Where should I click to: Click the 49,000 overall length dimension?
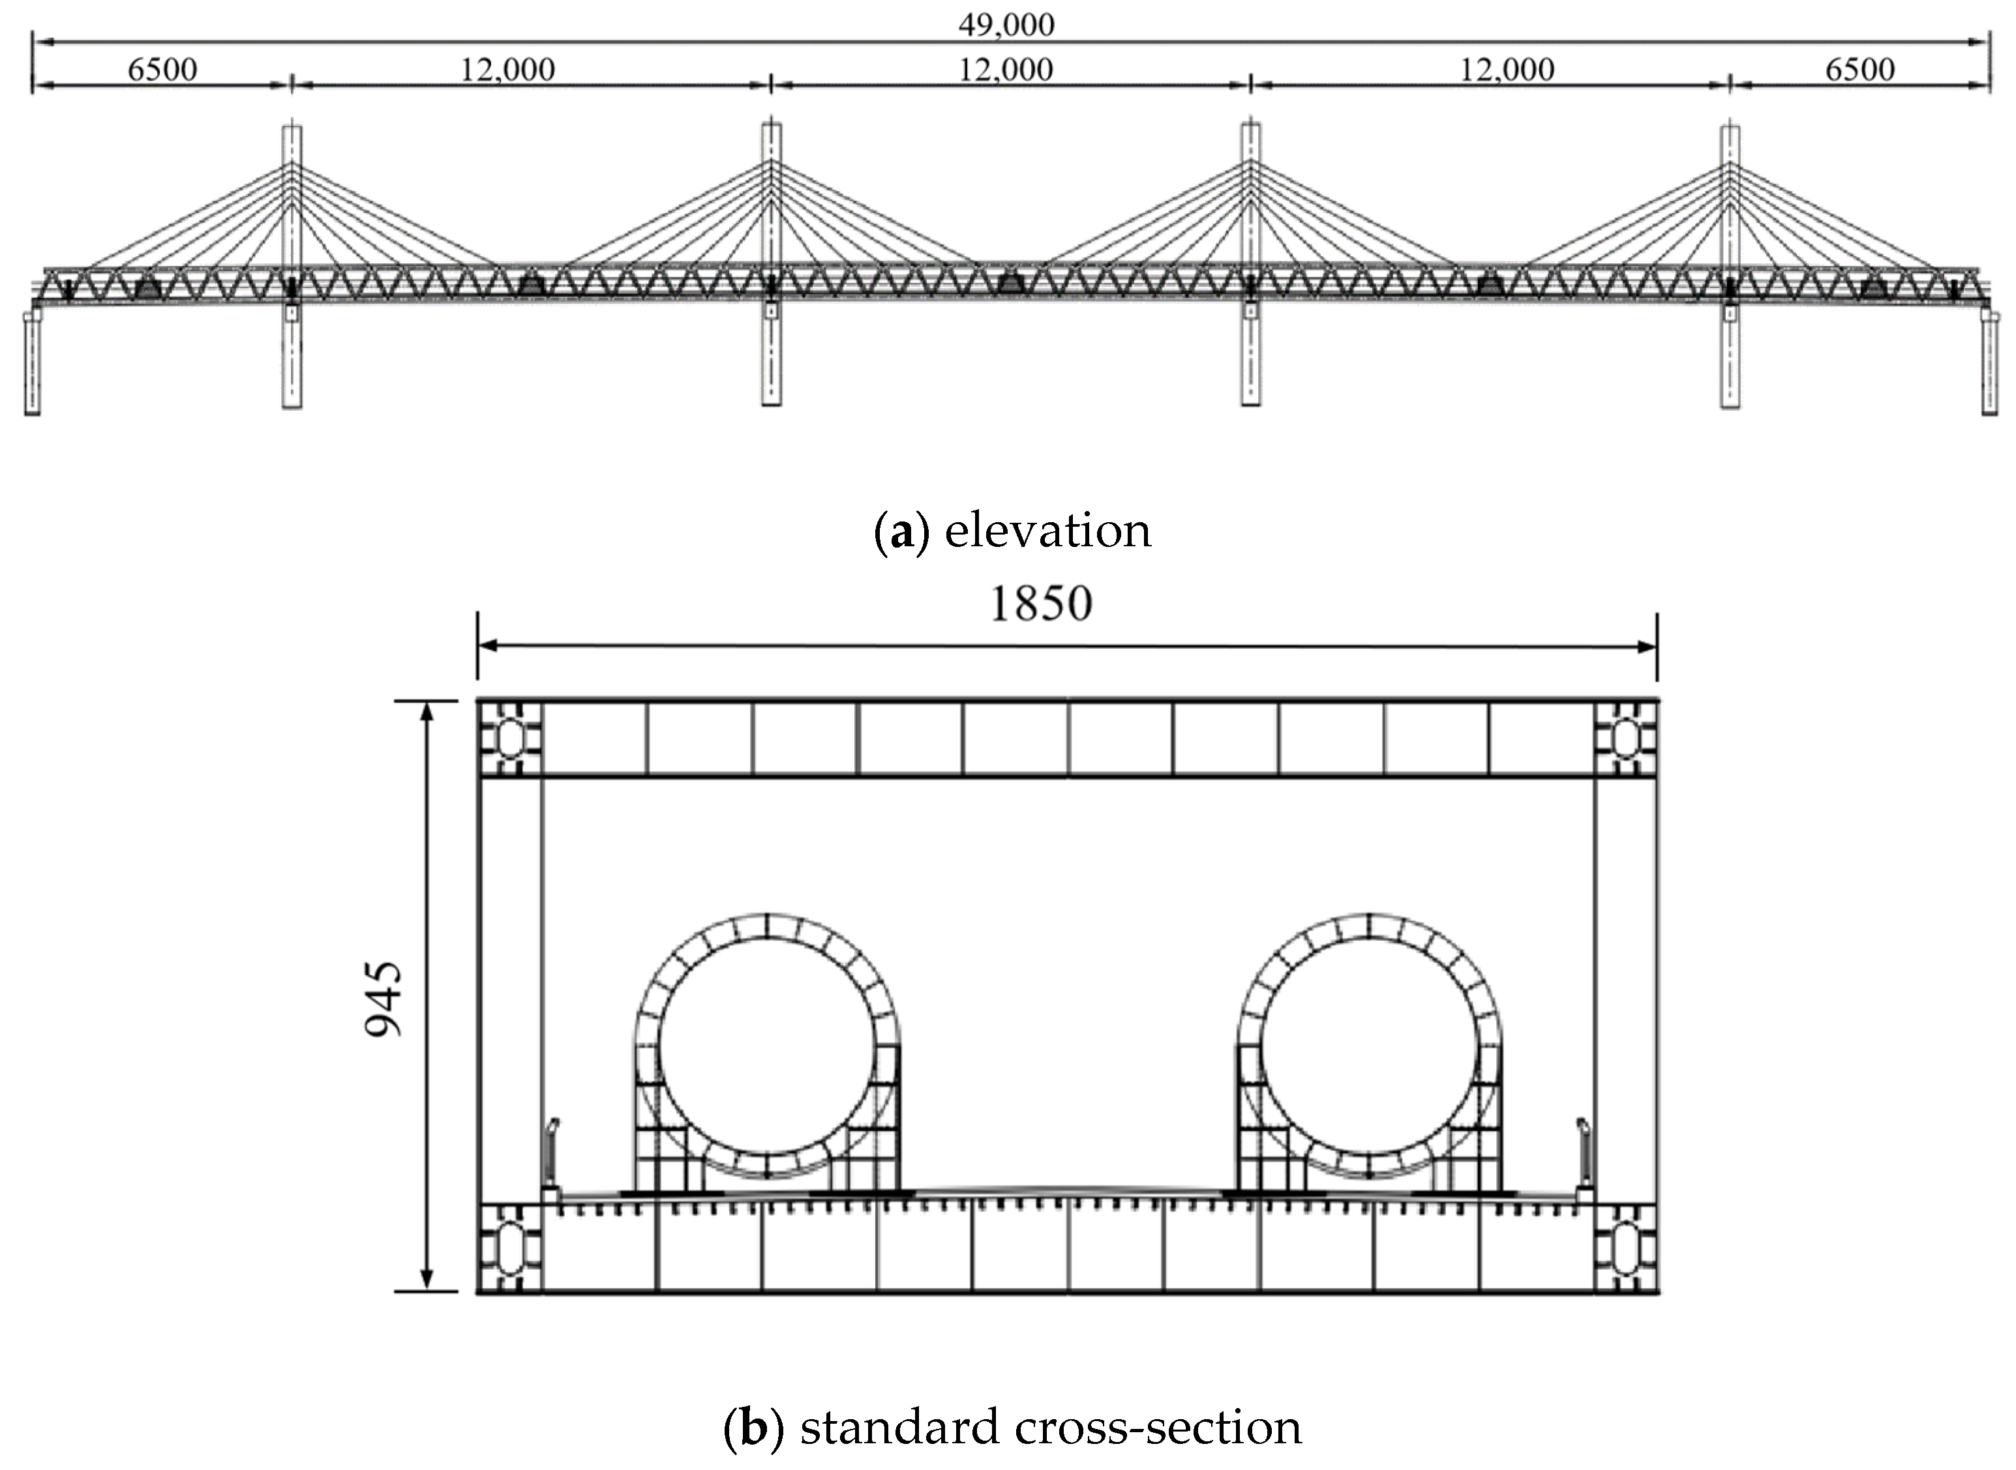tap(1006, 25)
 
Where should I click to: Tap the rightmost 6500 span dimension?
tap(1859, 69)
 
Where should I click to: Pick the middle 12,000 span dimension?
tap(1006, 69)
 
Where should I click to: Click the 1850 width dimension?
tap(1040, 604)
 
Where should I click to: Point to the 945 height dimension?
tap(385, 999)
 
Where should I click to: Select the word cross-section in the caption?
tap(1157, 1427)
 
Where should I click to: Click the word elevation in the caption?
tap(1047, 531)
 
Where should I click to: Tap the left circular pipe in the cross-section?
tap(767, 1046)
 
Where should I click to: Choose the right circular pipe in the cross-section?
tap(1369, 1046)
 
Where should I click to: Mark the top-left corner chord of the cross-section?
tap(509, 739)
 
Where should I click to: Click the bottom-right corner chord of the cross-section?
tap(1625, 1246)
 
